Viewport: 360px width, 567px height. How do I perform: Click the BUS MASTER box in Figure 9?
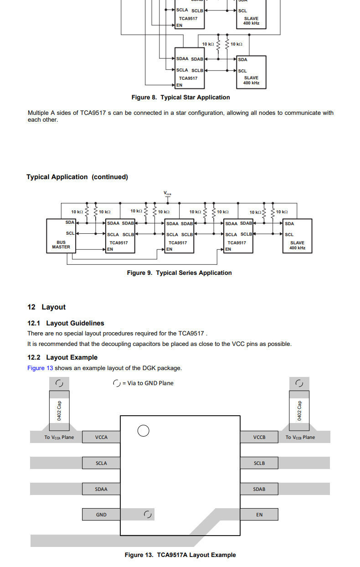[61, 236]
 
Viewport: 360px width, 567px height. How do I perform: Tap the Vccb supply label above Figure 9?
[167, 193]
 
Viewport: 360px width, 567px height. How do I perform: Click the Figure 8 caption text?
[180, 98]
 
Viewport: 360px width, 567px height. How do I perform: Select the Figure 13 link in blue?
[40, 368]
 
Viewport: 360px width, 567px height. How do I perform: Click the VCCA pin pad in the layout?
[101, 437]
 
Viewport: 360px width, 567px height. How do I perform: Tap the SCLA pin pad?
[101, 463]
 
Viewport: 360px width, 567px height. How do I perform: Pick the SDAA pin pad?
[101, 489]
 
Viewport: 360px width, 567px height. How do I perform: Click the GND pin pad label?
[101, 515]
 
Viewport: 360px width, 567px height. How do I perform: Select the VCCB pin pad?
[259, 437]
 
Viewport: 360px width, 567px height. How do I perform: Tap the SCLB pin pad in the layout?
[259, 463]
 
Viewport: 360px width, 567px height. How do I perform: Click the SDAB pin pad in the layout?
[259, 489]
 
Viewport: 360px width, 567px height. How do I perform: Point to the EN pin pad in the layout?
[259, 515]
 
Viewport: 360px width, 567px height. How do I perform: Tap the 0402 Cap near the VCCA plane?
[59, 411]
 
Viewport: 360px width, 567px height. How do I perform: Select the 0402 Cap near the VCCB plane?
[299, 411]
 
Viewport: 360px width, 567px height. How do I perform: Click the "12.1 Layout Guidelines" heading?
[66, 323]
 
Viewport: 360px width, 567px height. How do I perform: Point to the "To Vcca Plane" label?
[59, 437]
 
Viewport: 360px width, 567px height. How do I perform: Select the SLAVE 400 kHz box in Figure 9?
[297, 236]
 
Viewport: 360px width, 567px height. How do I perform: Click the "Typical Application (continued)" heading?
[77, 177]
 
